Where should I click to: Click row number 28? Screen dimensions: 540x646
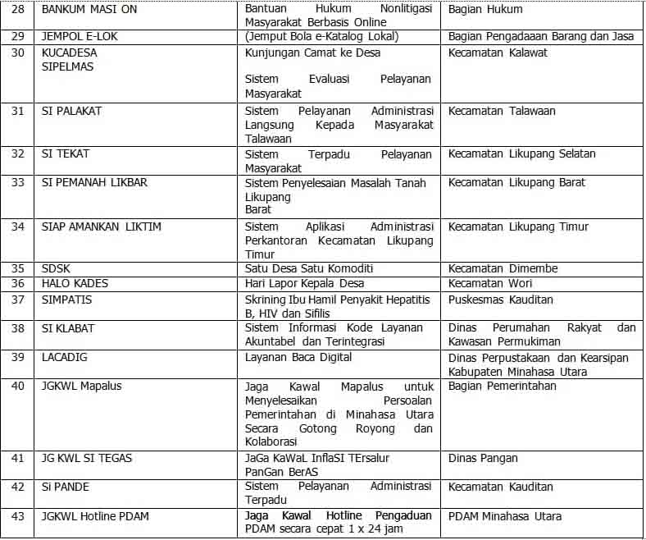pos(17,10)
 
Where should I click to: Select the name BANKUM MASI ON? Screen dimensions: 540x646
pos(90,10)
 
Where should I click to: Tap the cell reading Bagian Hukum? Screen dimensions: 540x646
pos(485,10)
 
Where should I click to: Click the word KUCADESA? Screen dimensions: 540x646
pos(69,53)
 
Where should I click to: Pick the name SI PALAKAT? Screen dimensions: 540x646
pos(71,111)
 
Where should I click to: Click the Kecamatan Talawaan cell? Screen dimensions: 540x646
pos(502,111)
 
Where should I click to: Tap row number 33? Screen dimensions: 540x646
pos(17,182)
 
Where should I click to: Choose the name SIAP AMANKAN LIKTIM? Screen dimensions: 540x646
pos(102,227)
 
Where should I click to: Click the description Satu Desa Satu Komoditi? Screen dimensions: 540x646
pos(309,268)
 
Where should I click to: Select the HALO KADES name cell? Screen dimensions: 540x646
pos(75,283)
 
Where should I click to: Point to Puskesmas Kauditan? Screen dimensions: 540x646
pos(501,300)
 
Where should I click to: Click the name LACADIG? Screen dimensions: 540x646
pos(65,357)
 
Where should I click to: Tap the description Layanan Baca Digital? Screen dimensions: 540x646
pos(298,357)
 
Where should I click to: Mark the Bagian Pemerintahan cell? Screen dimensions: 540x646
pos(503,386)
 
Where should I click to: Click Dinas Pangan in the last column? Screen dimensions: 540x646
pos(483,458)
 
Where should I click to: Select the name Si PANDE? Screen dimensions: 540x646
pos(66,487)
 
